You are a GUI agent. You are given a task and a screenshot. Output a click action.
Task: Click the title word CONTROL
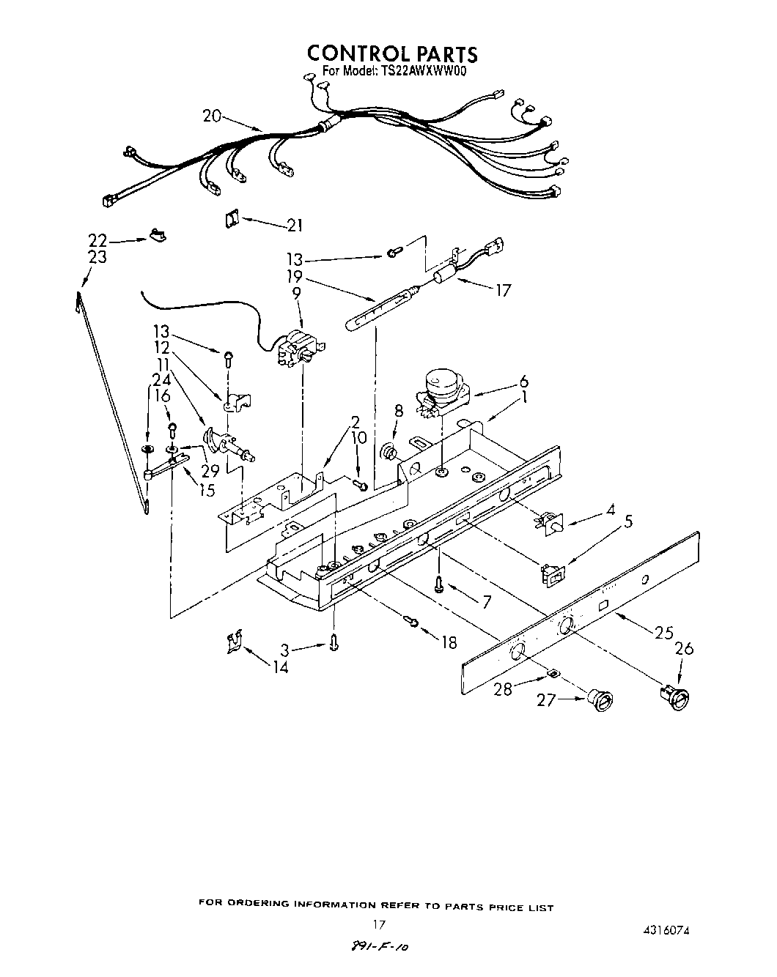[350, 53]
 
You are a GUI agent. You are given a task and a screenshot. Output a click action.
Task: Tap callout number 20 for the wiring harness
[211, 116]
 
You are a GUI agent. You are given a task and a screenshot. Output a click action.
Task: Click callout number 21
[294, 226]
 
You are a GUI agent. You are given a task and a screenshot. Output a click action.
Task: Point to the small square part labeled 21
[231, 218]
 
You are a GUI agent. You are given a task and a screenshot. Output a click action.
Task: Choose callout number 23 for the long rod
[97, 257]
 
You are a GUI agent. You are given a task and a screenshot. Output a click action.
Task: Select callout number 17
[502, 290]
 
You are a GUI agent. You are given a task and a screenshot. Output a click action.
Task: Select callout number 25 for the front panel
[663, 633]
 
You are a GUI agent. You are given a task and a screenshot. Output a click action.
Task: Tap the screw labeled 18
[413, 622]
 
